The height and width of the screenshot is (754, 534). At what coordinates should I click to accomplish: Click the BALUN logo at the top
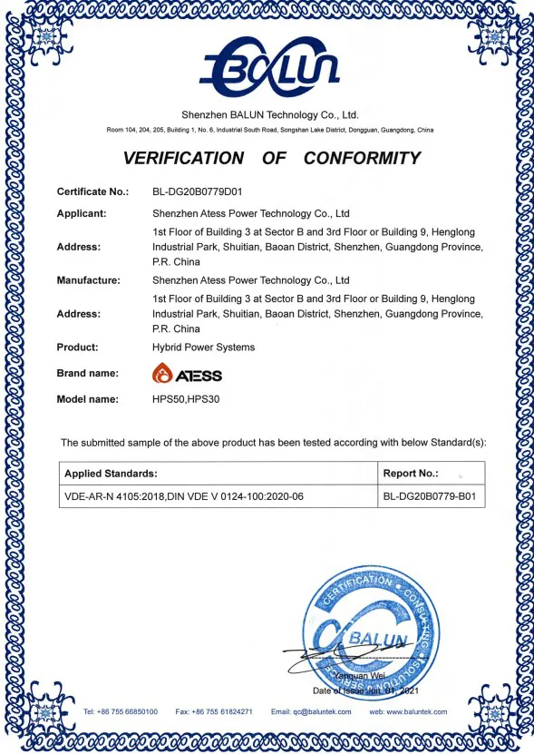point(269,65)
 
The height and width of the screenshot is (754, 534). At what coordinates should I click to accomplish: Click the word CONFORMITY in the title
point(362,158)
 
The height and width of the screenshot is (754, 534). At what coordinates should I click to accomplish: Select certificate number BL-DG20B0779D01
point(198,191)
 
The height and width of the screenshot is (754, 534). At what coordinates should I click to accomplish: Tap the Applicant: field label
point(82,214)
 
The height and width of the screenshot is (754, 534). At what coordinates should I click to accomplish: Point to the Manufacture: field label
point(88,280)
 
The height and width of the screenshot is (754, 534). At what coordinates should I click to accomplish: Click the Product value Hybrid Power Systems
point(203,348)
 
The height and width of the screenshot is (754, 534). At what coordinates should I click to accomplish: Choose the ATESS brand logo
point(187,374)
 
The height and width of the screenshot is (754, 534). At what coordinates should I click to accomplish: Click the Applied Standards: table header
point(111,474)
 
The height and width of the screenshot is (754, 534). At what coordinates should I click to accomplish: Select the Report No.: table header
point(411,474)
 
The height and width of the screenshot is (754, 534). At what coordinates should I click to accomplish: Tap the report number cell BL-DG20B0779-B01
point(429,496)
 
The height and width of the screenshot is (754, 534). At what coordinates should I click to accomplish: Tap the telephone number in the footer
point(120,711)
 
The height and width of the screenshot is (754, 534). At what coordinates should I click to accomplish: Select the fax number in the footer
point(214,711)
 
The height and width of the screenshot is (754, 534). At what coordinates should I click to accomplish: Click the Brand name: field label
point(88,373)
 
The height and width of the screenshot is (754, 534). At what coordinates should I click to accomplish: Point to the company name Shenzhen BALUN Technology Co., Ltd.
point(270,115)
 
